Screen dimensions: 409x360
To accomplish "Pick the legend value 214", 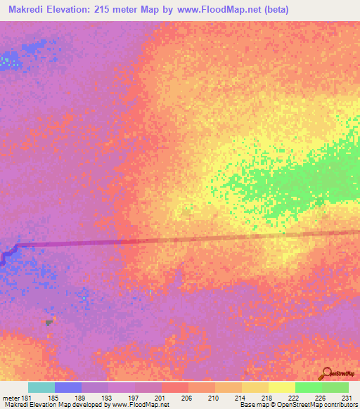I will point(240,398).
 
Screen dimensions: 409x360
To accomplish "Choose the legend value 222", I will point(293,398).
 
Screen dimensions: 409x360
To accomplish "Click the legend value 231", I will point(346,398).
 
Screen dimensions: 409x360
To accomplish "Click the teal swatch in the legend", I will point(41,387).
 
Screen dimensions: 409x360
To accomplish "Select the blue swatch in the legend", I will point(68,387).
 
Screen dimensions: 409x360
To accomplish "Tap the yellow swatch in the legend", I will point(281,387).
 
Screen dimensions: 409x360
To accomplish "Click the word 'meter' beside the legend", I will point(11,398).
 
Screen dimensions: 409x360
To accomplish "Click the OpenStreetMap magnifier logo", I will point(327,372).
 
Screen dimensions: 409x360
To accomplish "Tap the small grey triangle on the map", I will point(49,323).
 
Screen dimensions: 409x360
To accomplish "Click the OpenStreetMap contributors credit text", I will point(322,405).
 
